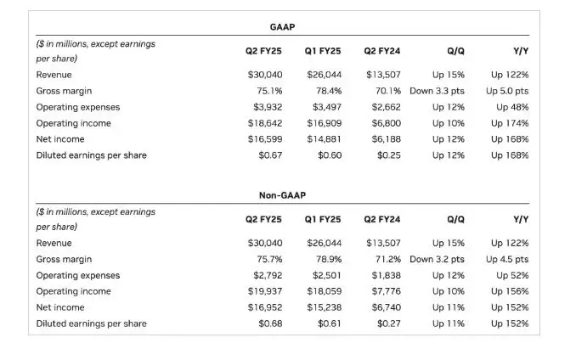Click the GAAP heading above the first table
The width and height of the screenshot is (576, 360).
coord(282,27)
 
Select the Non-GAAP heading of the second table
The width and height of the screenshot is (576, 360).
coord(282,195)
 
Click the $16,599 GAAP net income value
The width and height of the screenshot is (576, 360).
coord(265,139)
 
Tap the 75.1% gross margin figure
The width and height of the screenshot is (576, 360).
coord(269,91)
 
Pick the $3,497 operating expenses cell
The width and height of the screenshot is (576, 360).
coord(327,107)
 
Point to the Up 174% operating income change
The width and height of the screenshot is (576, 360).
coord(510,123)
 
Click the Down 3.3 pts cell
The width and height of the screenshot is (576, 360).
coord(438,91)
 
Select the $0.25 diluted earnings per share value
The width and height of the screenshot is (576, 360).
coord(389,155)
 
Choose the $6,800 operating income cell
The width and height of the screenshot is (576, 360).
coord(386,123)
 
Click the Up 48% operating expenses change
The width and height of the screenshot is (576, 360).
coord(512,107)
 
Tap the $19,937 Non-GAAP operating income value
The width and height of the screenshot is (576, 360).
coord(265,291)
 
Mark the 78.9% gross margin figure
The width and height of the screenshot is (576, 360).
coord(329,259)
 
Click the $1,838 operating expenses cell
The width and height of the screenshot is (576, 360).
coord(386,275)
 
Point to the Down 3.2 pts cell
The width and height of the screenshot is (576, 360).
coord(438,259)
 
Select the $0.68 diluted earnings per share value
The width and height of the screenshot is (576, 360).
coord(270,323)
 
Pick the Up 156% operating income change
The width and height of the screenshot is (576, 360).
coord(510,291)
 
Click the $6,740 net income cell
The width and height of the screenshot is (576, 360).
coord(386,307)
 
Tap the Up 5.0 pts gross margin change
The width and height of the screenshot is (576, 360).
coord(507,91)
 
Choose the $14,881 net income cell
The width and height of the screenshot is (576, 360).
coord(325,139)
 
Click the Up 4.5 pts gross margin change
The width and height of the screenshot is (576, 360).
coord(507,259)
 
